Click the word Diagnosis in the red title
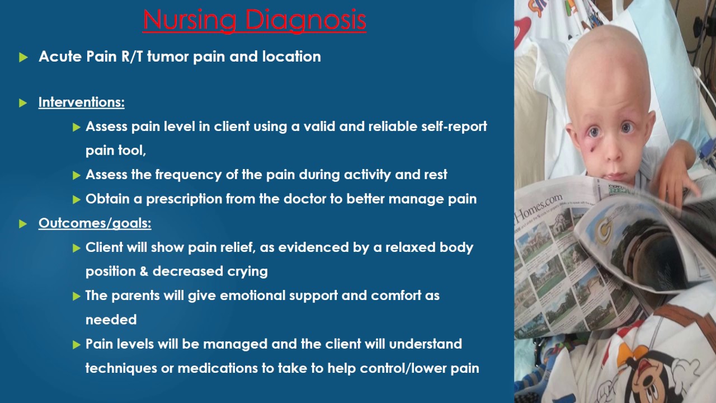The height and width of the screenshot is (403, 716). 305,20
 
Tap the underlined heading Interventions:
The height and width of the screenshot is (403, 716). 81,102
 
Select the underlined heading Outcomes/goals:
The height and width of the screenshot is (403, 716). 95,223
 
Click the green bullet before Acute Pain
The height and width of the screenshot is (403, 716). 23,57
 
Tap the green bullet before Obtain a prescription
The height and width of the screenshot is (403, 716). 77,199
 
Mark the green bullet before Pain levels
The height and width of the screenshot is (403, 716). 77,344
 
